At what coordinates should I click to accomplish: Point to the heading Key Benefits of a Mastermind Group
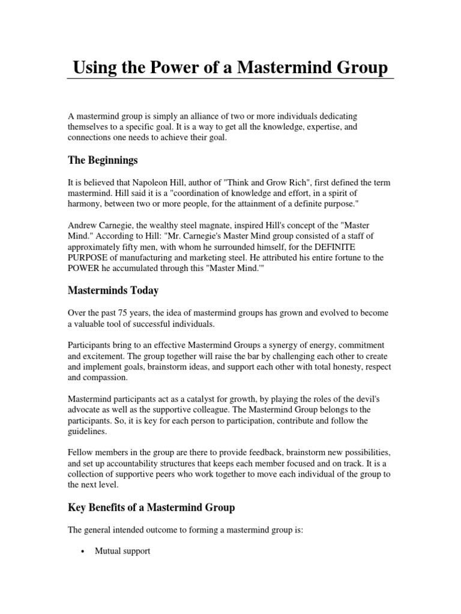pyautogui.click(x=151, y=507)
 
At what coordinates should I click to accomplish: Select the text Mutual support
pyautogui.click(x=122, y=550)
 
